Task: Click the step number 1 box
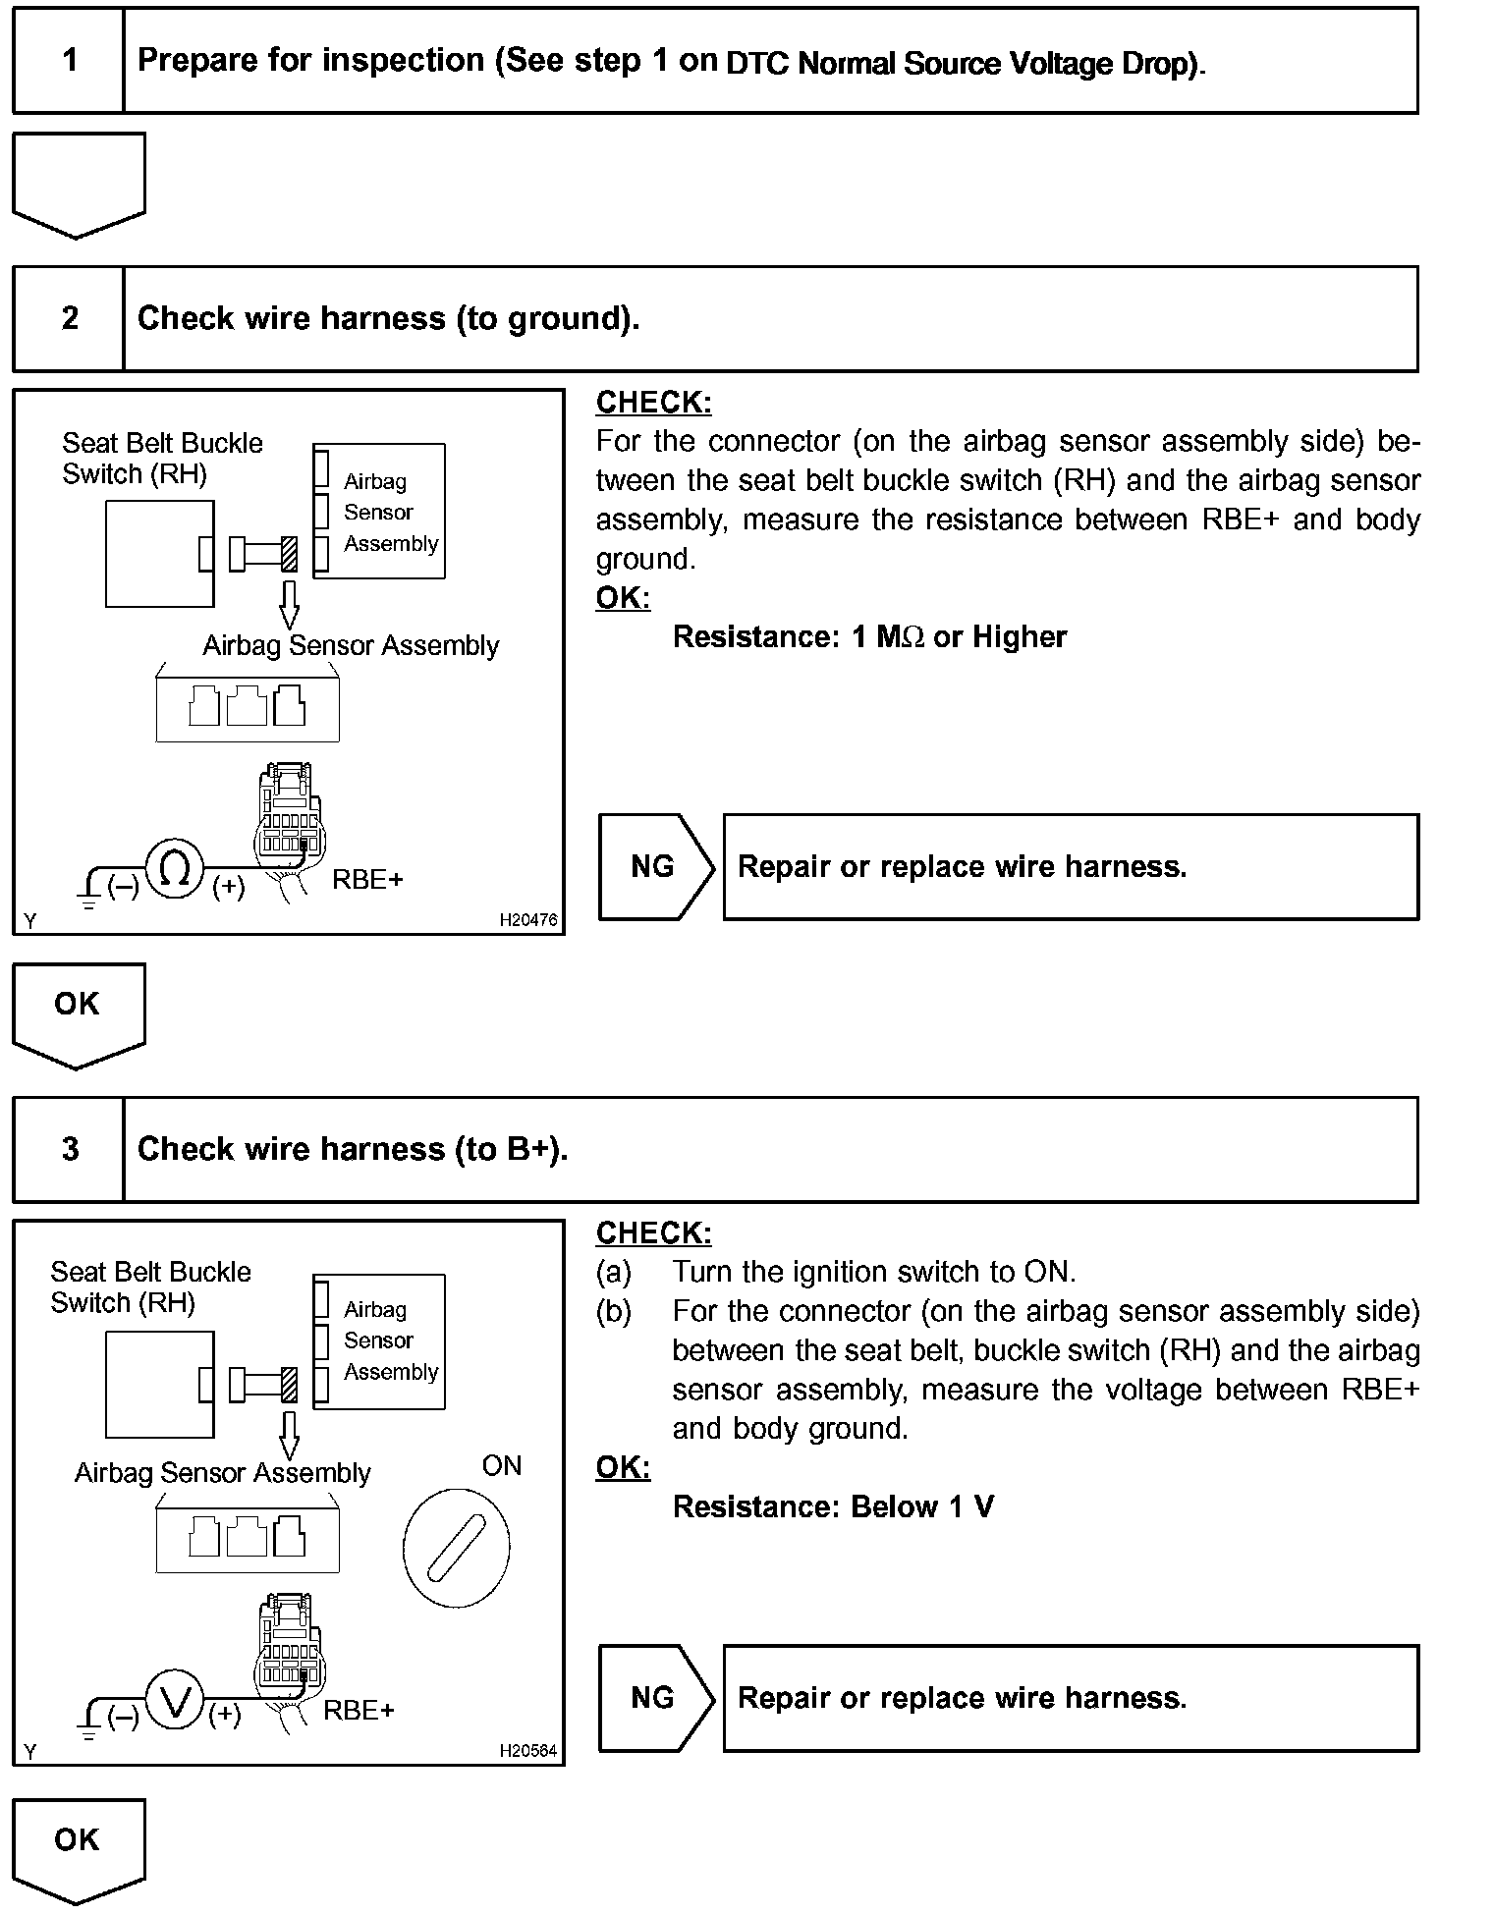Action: point(69,61)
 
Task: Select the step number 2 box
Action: point(69,319)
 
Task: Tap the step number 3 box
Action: point(69,1150)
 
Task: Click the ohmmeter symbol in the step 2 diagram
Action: point(175,869)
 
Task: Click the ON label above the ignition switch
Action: point(501,1466)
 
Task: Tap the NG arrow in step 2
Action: point(654,867)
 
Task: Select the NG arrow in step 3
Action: point(654,1699)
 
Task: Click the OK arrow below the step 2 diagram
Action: point(78,1012)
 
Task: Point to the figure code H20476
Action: point(527,920)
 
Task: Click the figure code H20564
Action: point(527,1750)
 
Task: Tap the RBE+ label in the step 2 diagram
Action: point(367,880)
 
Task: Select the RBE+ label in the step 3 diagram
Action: point(359,1711)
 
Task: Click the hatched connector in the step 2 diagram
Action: point(289,553)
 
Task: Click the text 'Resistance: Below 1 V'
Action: point(833,1507)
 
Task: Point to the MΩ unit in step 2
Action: point(900,637)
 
